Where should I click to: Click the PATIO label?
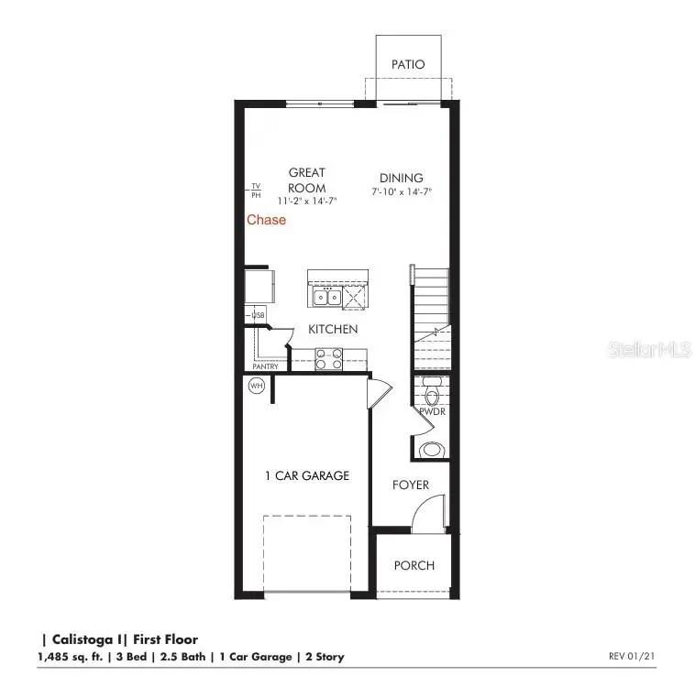pyautogui.click(x=408, y=64)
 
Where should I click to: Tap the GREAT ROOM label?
pyautogui.click(x=307, y=180)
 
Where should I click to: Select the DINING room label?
pyautogui.click(x=402, y=178)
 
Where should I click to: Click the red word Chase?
pyautogui.click(x=266, y=220)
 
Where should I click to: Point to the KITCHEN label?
pyautogui.click(x=333, y=329)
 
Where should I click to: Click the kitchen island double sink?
pyautogui.click(x=326, y=297)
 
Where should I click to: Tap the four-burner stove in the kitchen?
pyautogui.click(x=328, y=359)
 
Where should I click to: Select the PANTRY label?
pyautogui.click(x=265, y=367)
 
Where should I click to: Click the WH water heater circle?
pyautogui.click(x=256, y=386)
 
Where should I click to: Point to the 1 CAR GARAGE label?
pyautogui.click(x=307, y=475)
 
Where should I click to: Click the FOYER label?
pyautogui.click(x=411, y=485)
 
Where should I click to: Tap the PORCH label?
pyautogui.click(x=414, y=565)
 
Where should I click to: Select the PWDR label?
pyautogui.click(x=432, y=412)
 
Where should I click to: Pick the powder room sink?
pyautogui.click(x=431, y=450)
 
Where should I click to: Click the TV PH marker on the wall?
pyautogui.click(x=256, y=191)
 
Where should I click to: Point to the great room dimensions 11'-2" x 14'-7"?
pyautogui.click(x=306, y=201)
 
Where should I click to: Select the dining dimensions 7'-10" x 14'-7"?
pyautogui.click(x=402, y=192)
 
